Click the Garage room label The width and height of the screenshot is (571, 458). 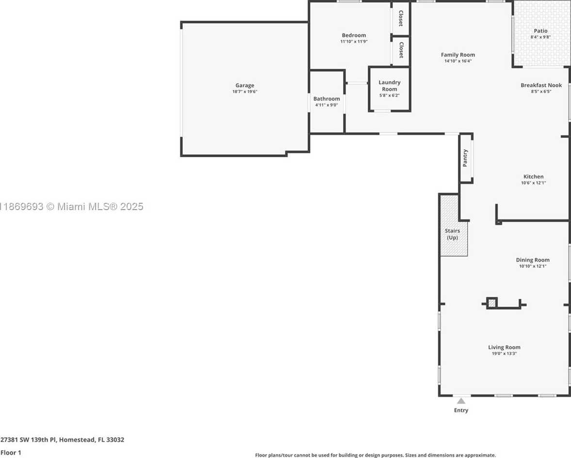pyautogui.click(x=245, y=85)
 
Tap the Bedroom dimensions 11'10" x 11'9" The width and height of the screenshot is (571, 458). pyautogui.click(x=354, y=42)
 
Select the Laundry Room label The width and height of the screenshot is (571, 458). pyautogui.click(x=389, y=85)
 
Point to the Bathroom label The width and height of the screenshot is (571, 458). pyautogui.click(x=326, y=98)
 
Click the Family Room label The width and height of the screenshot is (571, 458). pyautogui.click(x=458, y=55)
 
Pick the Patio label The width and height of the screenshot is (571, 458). pyautogui.click(x=541, y=31)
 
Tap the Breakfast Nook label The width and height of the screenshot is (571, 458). pyautogui.click(x=541, y=85)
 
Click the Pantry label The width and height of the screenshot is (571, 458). pyautogui.click(x=465, y=158)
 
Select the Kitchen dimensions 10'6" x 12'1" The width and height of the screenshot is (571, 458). pyautogui.click(x=534, y=183)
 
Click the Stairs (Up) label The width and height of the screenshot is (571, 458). pyautogui.click(x=452, y=234)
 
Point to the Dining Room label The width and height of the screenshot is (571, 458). pyautogui.click(x=533, y=260)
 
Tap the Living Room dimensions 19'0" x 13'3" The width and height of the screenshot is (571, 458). pyautogui.click(x=505, y=353)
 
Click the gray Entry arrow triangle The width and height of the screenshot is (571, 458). pyautogui.click(x=461, y=401)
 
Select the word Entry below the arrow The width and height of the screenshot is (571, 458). pyautogui.click(x=461, y=410)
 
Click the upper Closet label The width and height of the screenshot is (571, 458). pyautogui.click(x=401, y=18)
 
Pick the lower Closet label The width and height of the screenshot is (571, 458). pyautogui.click(x=401, y=50)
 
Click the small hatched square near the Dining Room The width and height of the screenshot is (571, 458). pyautogui.click(x=492, y=303)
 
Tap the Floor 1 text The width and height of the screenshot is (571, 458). pyautogui.click(x=11, y=453)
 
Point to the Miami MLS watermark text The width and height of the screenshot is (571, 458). pyautogui.click(x=72, y=206)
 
